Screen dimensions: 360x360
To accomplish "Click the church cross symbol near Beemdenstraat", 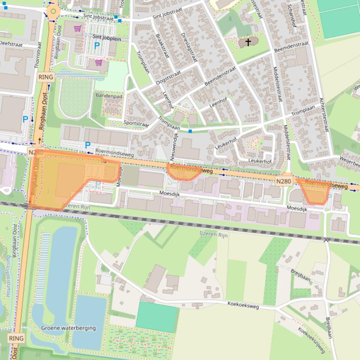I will pos(248,42).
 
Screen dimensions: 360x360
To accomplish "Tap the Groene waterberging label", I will pos(68,328).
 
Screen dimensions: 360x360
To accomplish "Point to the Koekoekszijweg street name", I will pos(311,339).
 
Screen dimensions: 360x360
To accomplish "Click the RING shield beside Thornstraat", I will pos(46,77).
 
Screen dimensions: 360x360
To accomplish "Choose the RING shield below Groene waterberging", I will pos(16,338).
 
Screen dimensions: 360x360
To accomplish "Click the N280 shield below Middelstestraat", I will pos(284,181).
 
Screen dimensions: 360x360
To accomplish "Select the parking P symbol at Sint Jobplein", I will pos(97,46).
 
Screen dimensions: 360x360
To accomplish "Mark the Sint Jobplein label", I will pos(107,38).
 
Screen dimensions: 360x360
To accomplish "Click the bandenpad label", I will pos(109,96).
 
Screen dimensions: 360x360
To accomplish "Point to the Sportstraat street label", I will pos(136,124).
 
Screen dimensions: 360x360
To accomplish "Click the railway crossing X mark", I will pos(326,239).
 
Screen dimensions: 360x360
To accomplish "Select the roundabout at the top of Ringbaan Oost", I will pos(53,11).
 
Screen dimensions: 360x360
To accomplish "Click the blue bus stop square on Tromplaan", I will pos(190,131).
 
